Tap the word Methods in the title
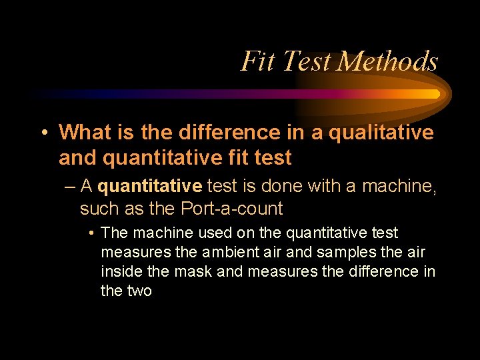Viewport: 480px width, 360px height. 387,61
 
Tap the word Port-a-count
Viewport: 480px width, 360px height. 232,209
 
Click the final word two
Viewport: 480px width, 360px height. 140,291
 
